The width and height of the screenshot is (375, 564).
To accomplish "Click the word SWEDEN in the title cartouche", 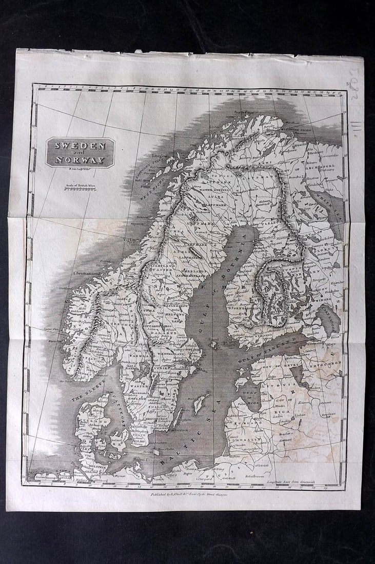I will click(x=80, y=146).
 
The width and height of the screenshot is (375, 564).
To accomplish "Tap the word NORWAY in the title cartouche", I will click(x=80, y=160).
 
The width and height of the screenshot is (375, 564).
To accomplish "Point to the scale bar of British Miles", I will click(x=80, y=189).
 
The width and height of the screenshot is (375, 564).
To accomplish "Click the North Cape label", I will click(x=244, y=112).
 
